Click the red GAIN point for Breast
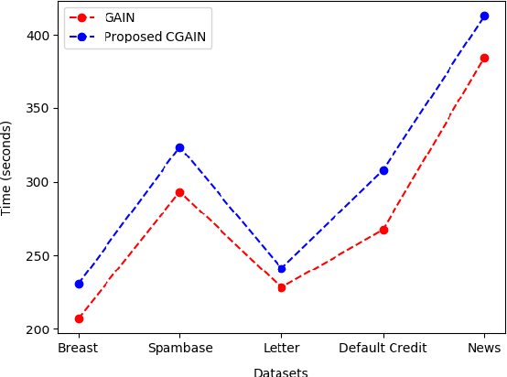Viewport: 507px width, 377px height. tap(79, 318)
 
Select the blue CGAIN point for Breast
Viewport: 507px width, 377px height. tap(79, 284)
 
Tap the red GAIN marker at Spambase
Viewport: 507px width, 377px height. tap(179, 192)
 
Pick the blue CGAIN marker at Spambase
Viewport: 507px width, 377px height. tap(179, 147)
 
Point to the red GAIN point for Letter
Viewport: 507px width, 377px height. tap(281, 287)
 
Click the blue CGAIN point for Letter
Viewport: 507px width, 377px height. tap(281, 268)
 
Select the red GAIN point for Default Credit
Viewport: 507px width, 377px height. tap(383, 230)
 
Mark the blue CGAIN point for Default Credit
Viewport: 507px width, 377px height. tap(383, 170)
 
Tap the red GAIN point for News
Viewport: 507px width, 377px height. tap(484, 58)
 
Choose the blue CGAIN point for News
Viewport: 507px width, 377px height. tap(484, 16)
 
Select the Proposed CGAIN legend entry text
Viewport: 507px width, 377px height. tap(155, 37)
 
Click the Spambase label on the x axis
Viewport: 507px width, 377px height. tap(179, 349)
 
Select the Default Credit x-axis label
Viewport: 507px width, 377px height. tap(383, 349)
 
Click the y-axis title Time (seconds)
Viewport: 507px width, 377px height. tap(7, 167)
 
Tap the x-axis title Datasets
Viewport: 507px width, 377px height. tap(280, 372)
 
